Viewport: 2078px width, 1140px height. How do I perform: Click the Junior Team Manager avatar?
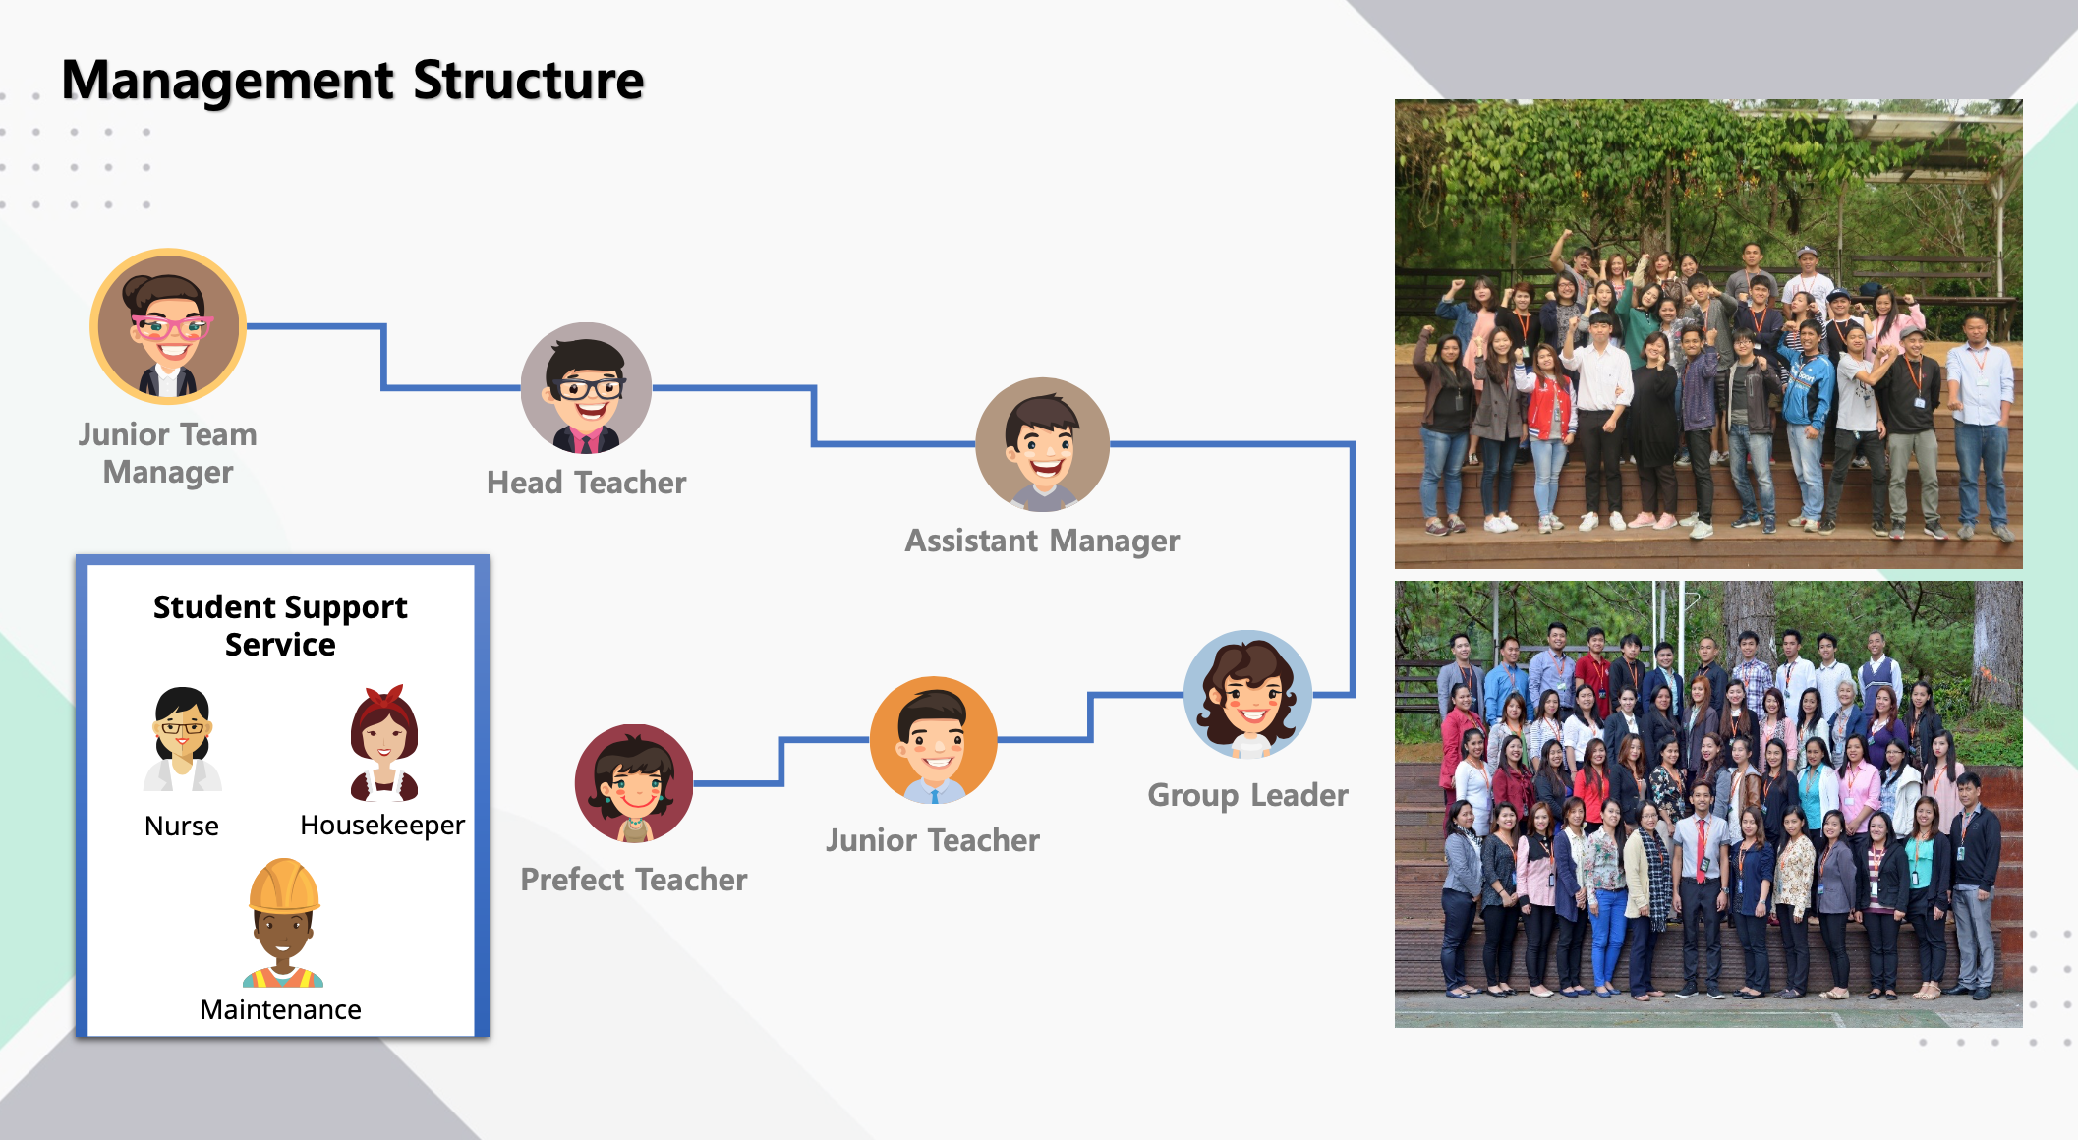click(x=168, y=326)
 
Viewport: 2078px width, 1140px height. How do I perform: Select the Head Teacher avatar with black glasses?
click(x=586, y=388)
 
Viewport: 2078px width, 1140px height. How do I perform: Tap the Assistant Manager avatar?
click(x=1043, y=444)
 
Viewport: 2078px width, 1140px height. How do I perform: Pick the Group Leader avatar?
click(x=1248, y=694)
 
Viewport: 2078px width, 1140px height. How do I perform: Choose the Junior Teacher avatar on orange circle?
click(x=934, y=740)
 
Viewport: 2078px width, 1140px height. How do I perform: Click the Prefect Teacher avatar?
click(x=634, y=783)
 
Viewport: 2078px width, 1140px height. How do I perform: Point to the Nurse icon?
click(x=183, y=739)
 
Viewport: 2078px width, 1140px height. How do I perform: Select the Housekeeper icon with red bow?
click(x=384, y=742)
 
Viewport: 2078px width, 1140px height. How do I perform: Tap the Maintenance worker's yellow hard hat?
click(x=284, y=885)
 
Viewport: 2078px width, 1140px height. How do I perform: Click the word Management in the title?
click(x=228, y=81)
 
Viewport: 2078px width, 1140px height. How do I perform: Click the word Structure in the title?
click(x=529, y=81)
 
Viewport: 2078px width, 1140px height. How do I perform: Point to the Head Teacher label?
click(x=587, y=483)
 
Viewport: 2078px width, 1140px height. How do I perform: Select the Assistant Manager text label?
click(x=1043, y=541)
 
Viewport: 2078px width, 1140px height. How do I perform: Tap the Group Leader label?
click(x=1248, y=795)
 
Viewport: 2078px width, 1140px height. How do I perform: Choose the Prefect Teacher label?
click(x=634, y=880)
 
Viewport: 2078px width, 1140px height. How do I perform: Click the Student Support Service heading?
click(x=281, y=625)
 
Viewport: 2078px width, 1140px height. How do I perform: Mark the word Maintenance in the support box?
click(x=281, y=1009)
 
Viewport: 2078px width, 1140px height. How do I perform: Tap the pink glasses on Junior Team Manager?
click(x=172, y=326)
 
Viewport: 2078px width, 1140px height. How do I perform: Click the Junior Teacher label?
click(x=933, y=840)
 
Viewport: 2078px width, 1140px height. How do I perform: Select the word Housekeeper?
click(x=382, y=826)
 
